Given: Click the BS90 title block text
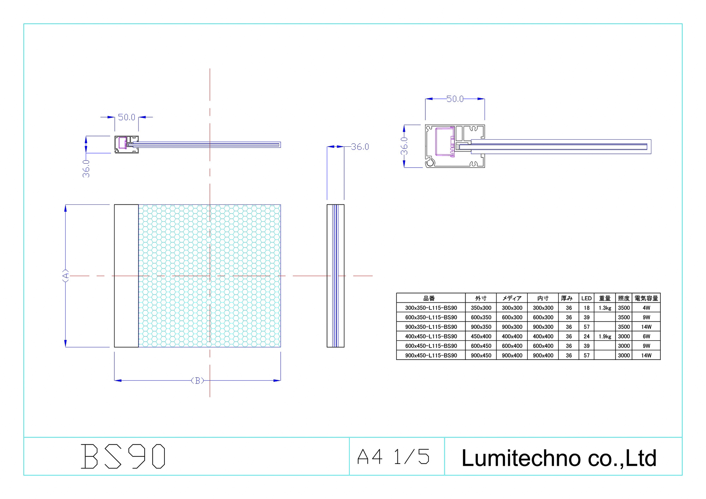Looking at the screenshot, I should point(123,456).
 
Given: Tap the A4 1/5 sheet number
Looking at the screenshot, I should point(393,457).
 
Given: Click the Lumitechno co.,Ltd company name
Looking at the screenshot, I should point(559,458).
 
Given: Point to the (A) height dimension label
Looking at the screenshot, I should point(66,276).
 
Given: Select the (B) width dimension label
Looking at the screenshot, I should point(197,380).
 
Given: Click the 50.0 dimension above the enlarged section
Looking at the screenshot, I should point(455,99).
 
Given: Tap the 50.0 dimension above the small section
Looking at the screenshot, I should point(126,117).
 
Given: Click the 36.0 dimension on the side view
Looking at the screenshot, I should point(360,147).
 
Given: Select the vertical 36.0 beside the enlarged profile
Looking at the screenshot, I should point(404,146).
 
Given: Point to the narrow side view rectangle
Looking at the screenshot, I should point(335,276).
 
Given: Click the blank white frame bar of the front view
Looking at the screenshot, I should point(126,276).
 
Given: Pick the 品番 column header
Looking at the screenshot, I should point(429,298).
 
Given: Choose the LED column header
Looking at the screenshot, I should point(586,298).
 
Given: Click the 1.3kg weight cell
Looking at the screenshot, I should point(605,308).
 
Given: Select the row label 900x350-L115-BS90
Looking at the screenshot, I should point(431,327).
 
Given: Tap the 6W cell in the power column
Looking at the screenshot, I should point(646,336).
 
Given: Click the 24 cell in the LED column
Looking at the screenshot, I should point(586,336).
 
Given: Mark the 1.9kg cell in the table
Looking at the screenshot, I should point(605,336).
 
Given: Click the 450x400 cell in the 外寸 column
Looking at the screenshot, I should point(481,336).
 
